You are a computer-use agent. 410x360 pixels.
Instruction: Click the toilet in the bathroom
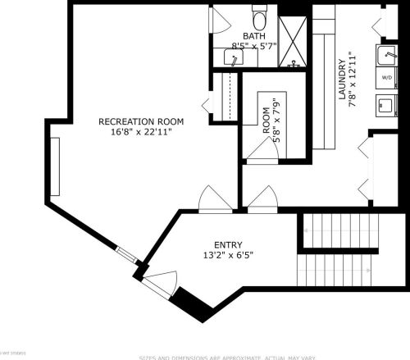click(x=260, y=18)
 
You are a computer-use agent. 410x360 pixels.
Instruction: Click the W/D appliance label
click(x=386, y=78)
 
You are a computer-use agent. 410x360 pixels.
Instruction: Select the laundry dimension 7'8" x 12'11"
click(x=352, y=80)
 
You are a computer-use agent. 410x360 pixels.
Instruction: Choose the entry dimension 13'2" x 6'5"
click(x=229, y=255)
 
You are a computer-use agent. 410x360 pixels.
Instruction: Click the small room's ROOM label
click(x=267, y=121)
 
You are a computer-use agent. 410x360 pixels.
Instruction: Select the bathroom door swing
click(x=220, y=20)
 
